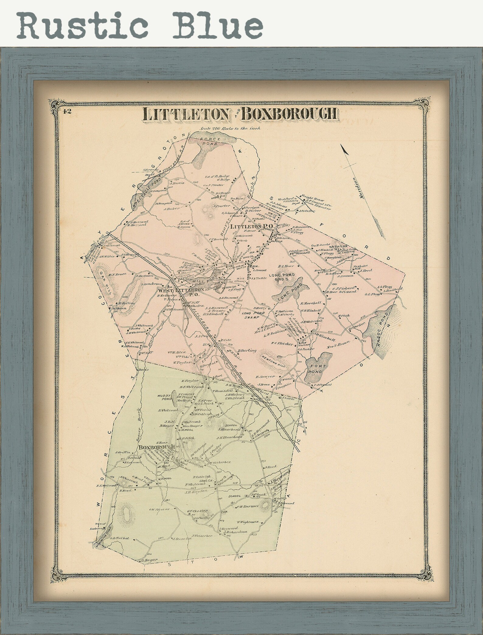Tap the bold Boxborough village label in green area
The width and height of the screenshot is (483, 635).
[x=157, y=447]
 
